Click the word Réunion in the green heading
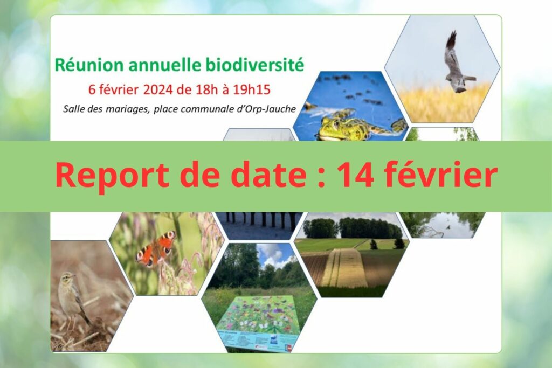point(89,65)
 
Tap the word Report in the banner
point(112,176)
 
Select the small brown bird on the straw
point(72,296)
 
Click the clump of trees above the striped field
point(352,228)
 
